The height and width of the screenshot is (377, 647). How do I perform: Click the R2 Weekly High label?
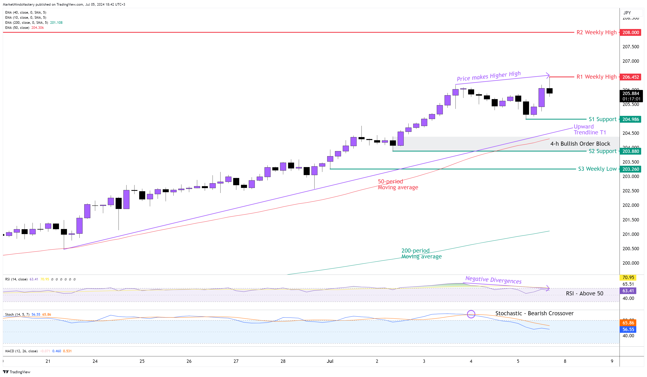click(596, 32)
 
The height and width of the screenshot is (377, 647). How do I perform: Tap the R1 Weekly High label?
click(596, 77)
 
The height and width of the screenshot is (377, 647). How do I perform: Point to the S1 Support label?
click(602, 119)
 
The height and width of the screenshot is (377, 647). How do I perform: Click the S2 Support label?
click(602, 151)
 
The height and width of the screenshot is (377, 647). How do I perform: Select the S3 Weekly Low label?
click(597, 169)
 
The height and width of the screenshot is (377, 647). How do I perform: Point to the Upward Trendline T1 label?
click(590, 129)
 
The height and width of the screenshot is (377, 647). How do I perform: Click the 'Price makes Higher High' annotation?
click(489, 76)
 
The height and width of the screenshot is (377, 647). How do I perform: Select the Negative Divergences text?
click(493, 280)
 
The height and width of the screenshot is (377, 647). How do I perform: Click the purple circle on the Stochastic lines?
click(471, 314)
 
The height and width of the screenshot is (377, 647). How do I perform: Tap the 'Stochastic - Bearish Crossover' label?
click(534, 313)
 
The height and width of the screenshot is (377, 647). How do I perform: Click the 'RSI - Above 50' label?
click(584, 293)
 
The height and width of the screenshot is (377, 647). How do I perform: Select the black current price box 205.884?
click(631, 96)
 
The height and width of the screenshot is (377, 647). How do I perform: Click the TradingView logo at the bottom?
click(17, 372)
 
